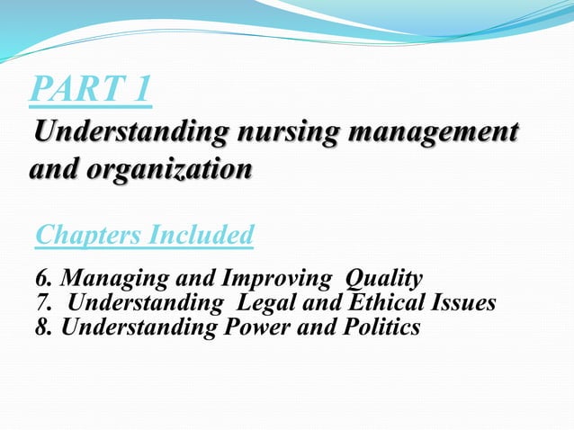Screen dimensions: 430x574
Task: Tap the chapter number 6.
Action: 41,277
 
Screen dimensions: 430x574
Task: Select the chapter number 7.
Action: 41,303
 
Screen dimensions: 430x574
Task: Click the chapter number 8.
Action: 41,327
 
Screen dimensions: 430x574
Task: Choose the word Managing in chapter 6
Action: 103,277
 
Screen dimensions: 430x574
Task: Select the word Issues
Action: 462,303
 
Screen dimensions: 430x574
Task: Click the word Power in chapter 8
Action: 251,327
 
